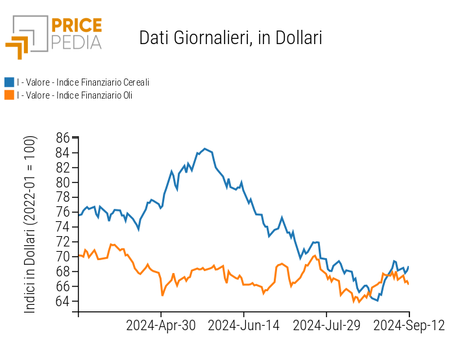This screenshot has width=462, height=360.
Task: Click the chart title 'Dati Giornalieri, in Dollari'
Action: [230, 38]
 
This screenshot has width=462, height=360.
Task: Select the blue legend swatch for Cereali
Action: [9, 82]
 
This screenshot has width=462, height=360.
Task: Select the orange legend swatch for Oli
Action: [9, 95]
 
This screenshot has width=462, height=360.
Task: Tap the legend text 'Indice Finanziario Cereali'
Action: [84, 82]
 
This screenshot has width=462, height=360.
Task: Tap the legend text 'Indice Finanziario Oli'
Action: [75, 95]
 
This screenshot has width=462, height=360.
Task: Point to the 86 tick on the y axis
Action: [62, 138]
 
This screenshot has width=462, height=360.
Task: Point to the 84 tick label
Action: [62, 152]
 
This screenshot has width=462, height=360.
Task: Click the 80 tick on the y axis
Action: [62, 182]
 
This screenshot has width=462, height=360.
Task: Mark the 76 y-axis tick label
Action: [62, 212]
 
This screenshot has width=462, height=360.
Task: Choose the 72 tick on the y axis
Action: [62, 242]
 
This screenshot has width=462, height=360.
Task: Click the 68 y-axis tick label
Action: [62, 271]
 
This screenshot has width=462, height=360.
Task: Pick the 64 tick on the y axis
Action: [62, 301]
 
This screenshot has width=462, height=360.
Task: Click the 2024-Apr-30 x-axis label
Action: [161, 326]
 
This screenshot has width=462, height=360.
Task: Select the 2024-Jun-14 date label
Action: [243, 326]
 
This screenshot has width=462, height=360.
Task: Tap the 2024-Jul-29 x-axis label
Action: [326, 326]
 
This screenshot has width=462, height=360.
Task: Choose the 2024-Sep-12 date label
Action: [409, 326]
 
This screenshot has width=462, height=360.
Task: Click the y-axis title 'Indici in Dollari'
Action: [30, 224]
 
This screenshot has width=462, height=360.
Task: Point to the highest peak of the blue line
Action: [205, 149]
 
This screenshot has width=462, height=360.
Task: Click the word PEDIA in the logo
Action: [77, 43]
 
